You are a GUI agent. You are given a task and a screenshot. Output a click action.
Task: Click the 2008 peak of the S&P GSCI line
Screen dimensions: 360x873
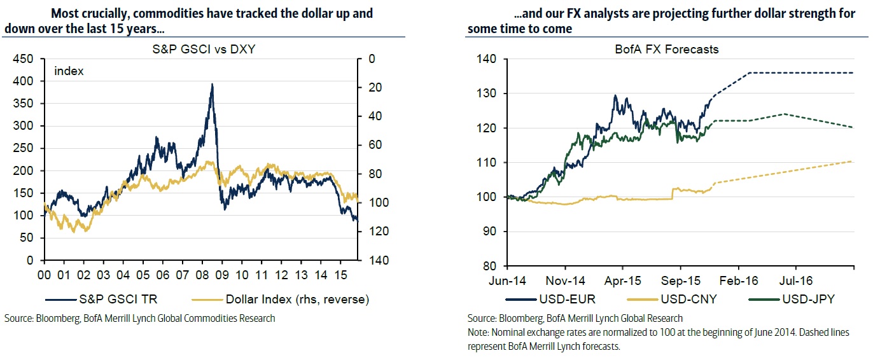coord(212,85)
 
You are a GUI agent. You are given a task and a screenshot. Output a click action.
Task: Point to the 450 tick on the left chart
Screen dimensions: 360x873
coord(25,59)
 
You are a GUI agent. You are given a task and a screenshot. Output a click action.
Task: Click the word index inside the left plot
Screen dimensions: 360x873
coord(69,71)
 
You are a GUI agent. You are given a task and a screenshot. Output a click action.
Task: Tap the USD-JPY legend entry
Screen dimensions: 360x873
coord(799,298)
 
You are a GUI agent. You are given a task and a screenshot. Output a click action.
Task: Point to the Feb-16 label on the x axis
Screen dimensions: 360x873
coord(738,280)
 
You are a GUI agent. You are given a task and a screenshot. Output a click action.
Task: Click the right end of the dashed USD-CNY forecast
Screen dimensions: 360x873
coord(853,162)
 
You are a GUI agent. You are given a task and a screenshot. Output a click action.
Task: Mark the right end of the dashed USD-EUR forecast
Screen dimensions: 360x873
coord(853,73)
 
